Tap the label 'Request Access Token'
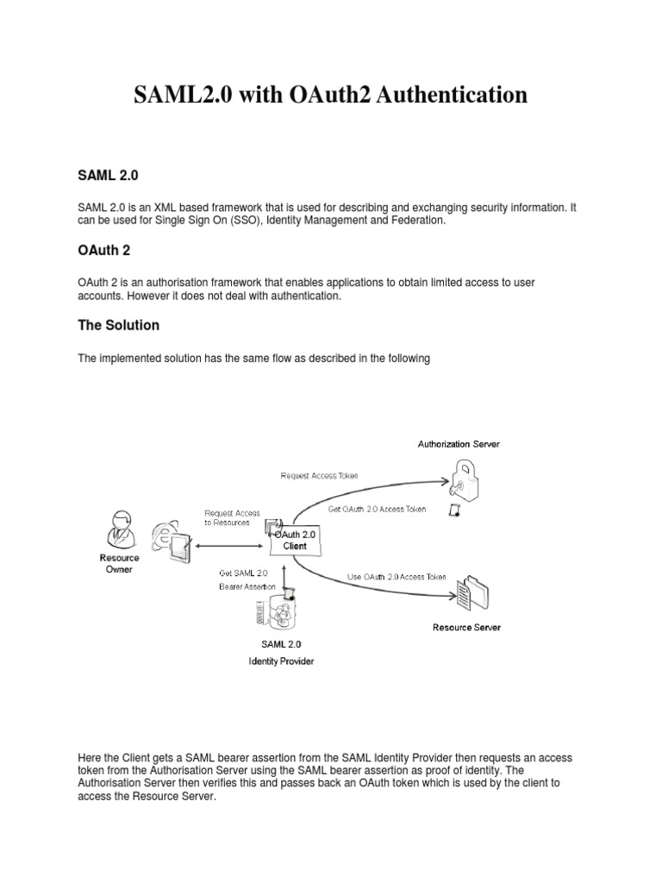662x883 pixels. coord(320,475)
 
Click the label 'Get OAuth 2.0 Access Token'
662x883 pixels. coord(377,509)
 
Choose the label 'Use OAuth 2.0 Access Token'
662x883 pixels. coord(397,576)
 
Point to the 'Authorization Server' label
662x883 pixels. coord(459,444)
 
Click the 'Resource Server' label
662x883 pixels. coord(466,627)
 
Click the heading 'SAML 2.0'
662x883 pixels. coord(108,174)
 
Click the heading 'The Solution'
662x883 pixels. coord(118,325)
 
